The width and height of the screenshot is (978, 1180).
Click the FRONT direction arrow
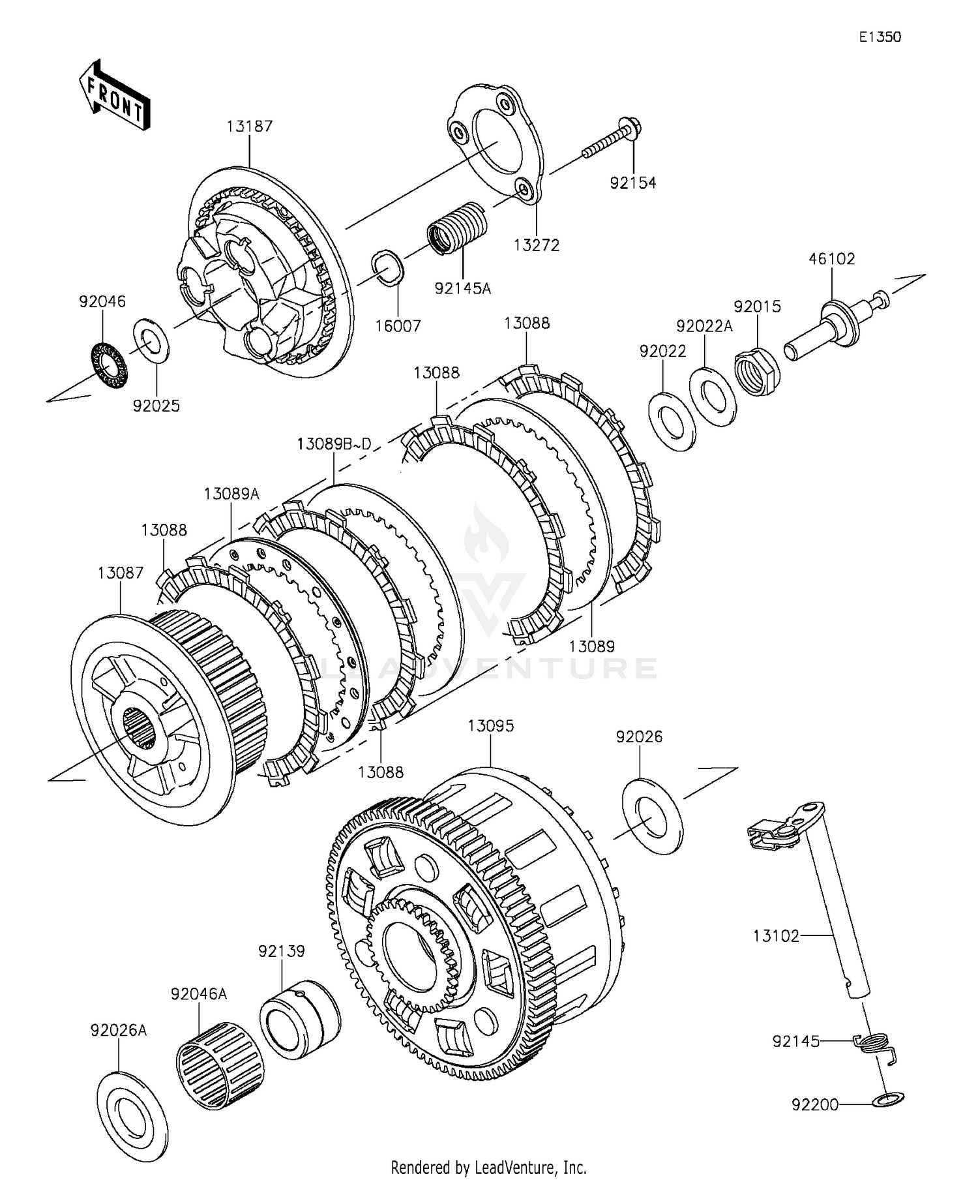pyautogui.click(x=115, y=95)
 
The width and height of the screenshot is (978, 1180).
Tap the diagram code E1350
pyautogui.click(x=880, y=37)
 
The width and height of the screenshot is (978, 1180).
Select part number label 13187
pyautogui.click(x=249, y=126)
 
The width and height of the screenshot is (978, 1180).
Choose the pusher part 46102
pyautogui.click(x=837, y=324)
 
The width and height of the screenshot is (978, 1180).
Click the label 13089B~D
pyautogui.click(x=334, y=444)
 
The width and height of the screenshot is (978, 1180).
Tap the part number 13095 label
pyautogui.click(x=490, y=725)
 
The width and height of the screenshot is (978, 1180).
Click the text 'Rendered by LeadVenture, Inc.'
pyautogui.click(x=488, y=1166)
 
